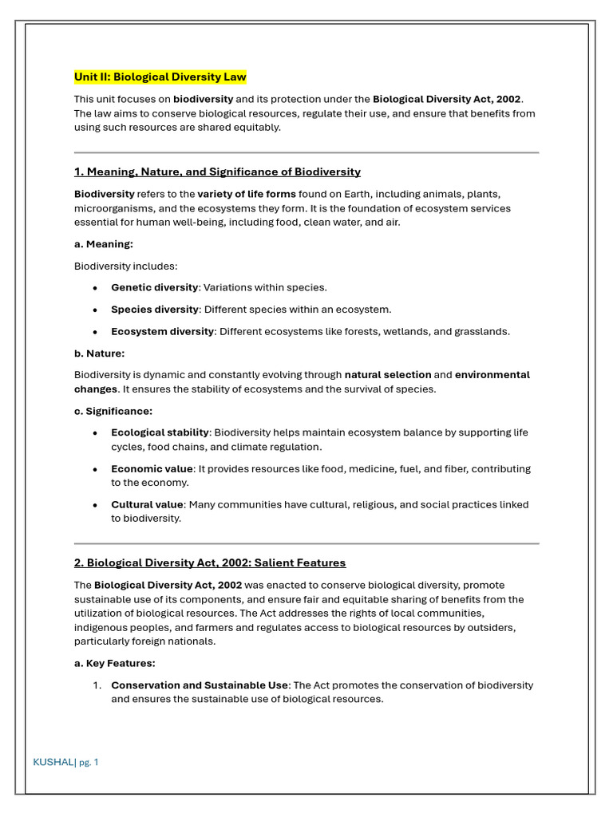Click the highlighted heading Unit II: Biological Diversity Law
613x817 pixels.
pyautogui.click(x=160, y=77)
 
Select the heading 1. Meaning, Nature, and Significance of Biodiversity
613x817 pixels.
pyautogui.click(x=217, y=172)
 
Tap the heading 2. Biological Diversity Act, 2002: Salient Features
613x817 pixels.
pyautogui.click(x=210, y=563)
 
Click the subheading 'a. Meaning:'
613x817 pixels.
pyautogui.click(x=104, y=244)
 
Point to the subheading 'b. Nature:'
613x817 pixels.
pyautogui.click(x=100, y=353)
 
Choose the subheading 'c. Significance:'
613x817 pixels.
pyautogui.click(x=113, y=412)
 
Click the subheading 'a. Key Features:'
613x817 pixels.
pyautogui.click(x=115, y=664)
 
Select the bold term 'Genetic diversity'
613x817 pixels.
pyautogui.click(x=154, y=288)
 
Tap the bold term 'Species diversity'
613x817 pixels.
pyautogui.click(x=154, y=310)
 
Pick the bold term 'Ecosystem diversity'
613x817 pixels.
pyautogui.click(x=162, y=332)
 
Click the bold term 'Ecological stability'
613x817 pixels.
pyautogui.click(x=160, y=433)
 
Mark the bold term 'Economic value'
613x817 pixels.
pyautogui.click(x=152, y=469)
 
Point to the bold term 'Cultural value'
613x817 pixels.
pyautogui.click(x=147, y=505)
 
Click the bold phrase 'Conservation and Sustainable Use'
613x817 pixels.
pyautogui.click(x=200, y=685)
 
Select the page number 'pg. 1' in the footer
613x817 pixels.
pyautogui.click(x=89, y=763)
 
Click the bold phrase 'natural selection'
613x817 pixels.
pyautogui.click(x=388, y=375)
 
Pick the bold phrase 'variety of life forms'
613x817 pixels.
pyautogui.click(x=247, y=194)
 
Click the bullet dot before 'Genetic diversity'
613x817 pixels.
pyautogui.click(x=95, y=288)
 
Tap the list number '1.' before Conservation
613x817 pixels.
pyautogui.click(x=97, y=685)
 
